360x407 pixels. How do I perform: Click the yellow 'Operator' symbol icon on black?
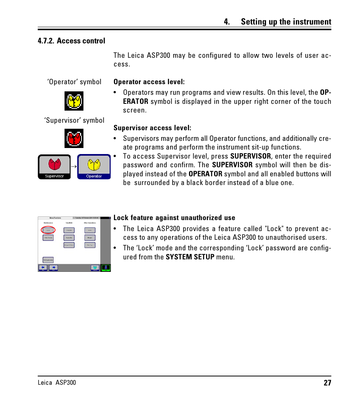[74, 101]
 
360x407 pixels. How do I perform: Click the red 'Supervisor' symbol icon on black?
[74, 139]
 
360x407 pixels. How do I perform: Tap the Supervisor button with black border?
[54, 167]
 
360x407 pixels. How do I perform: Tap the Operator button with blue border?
[94, 167]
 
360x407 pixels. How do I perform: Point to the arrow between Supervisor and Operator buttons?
[74, 166]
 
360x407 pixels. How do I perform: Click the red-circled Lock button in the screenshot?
[48, 230]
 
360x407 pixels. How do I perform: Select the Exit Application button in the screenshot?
[48, 260]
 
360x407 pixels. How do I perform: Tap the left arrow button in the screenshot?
[43, 268]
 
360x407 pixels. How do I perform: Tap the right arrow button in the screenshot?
[54, 268]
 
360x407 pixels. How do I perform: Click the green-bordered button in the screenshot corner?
[106, 268]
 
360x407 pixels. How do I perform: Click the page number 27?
[327, 383]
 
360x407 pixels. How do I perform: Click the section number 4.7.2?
[46, 41]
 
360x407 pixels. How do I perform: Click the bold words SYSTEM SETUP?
[190, 257]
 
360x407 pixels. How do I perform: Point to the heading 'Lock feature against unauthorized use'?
[174, 218]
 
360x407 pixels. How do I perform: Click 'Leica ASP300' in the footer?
[57, 383]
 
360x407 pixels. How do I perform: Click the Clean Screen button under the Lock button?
[48, 238]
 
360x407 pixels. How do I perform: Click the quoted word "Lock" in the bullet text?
[274, 229]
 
